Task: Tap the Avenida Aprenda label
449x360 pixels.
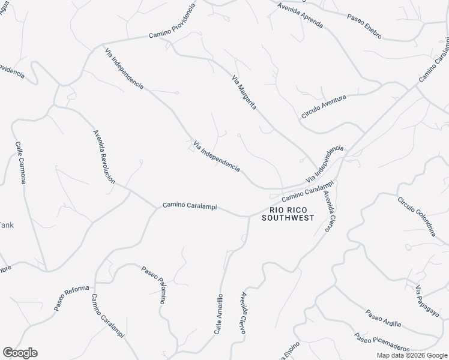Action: tap(300, 16)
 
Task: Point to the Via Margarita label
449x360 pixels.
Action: tap(244, 92)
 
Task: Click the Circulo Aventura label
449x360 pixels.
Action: tap(324, 105)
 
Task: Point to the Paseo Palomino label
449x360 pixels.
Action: tap(153, 285)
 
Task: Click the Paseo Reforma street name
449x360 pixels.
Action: tap(71, 298)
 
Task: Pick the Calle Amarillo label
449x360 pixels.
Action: tap(219, 314)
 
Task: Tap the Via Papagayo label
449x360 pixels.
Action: tap(427, 301)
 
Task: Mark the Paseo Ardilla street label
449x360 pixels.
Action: tap(383, 318)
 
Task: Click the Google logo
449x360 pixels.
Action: tap(20, 353)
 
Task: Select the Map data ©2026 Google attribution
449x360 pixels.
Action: tap(411, 355)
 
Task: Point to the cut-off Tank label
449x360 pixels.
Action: tap(6, 225)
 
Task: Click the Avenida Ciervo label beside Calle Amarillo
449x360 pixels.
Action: tap(244, 310)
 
